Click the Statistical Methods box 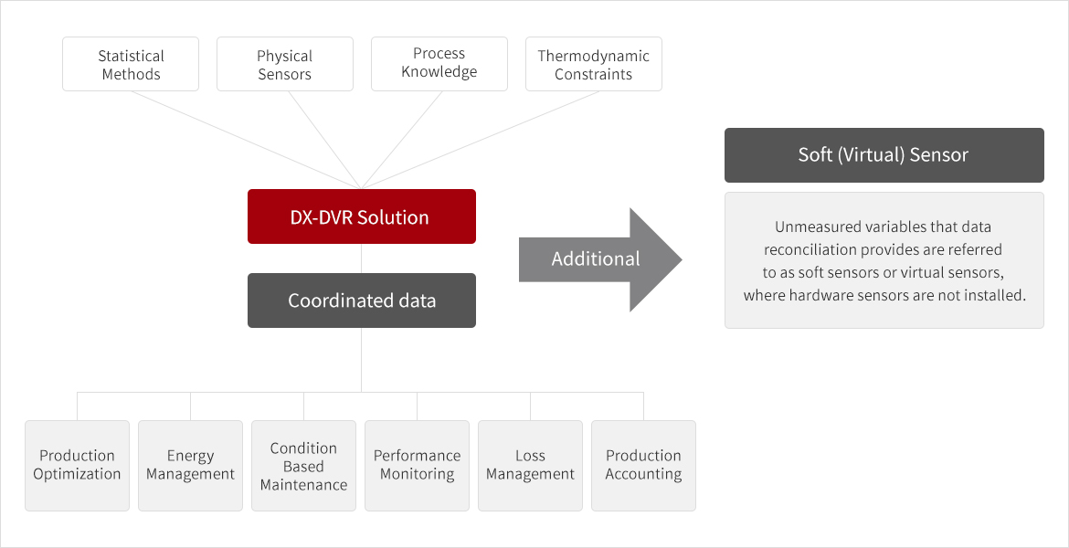[131, 64]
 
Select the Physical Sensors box [285, 64]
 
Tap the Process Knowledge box [439, 64]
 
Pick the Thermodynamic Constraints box [594, 64]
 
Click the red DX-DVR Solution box [361, 216]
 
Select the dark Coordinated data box [361, 300]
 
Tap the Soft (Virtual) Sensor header [884, 155]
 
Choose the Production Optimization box [77, 466]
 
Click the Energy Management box [190, 466]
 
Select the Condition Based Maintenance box [303, 466]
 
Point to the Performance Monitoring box [418, 466]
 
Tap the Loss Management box [531, 466]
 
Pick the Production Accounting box [643, 466]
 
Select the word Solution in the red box [394, 217]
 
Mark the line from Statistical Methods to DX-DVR [246, 140]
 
